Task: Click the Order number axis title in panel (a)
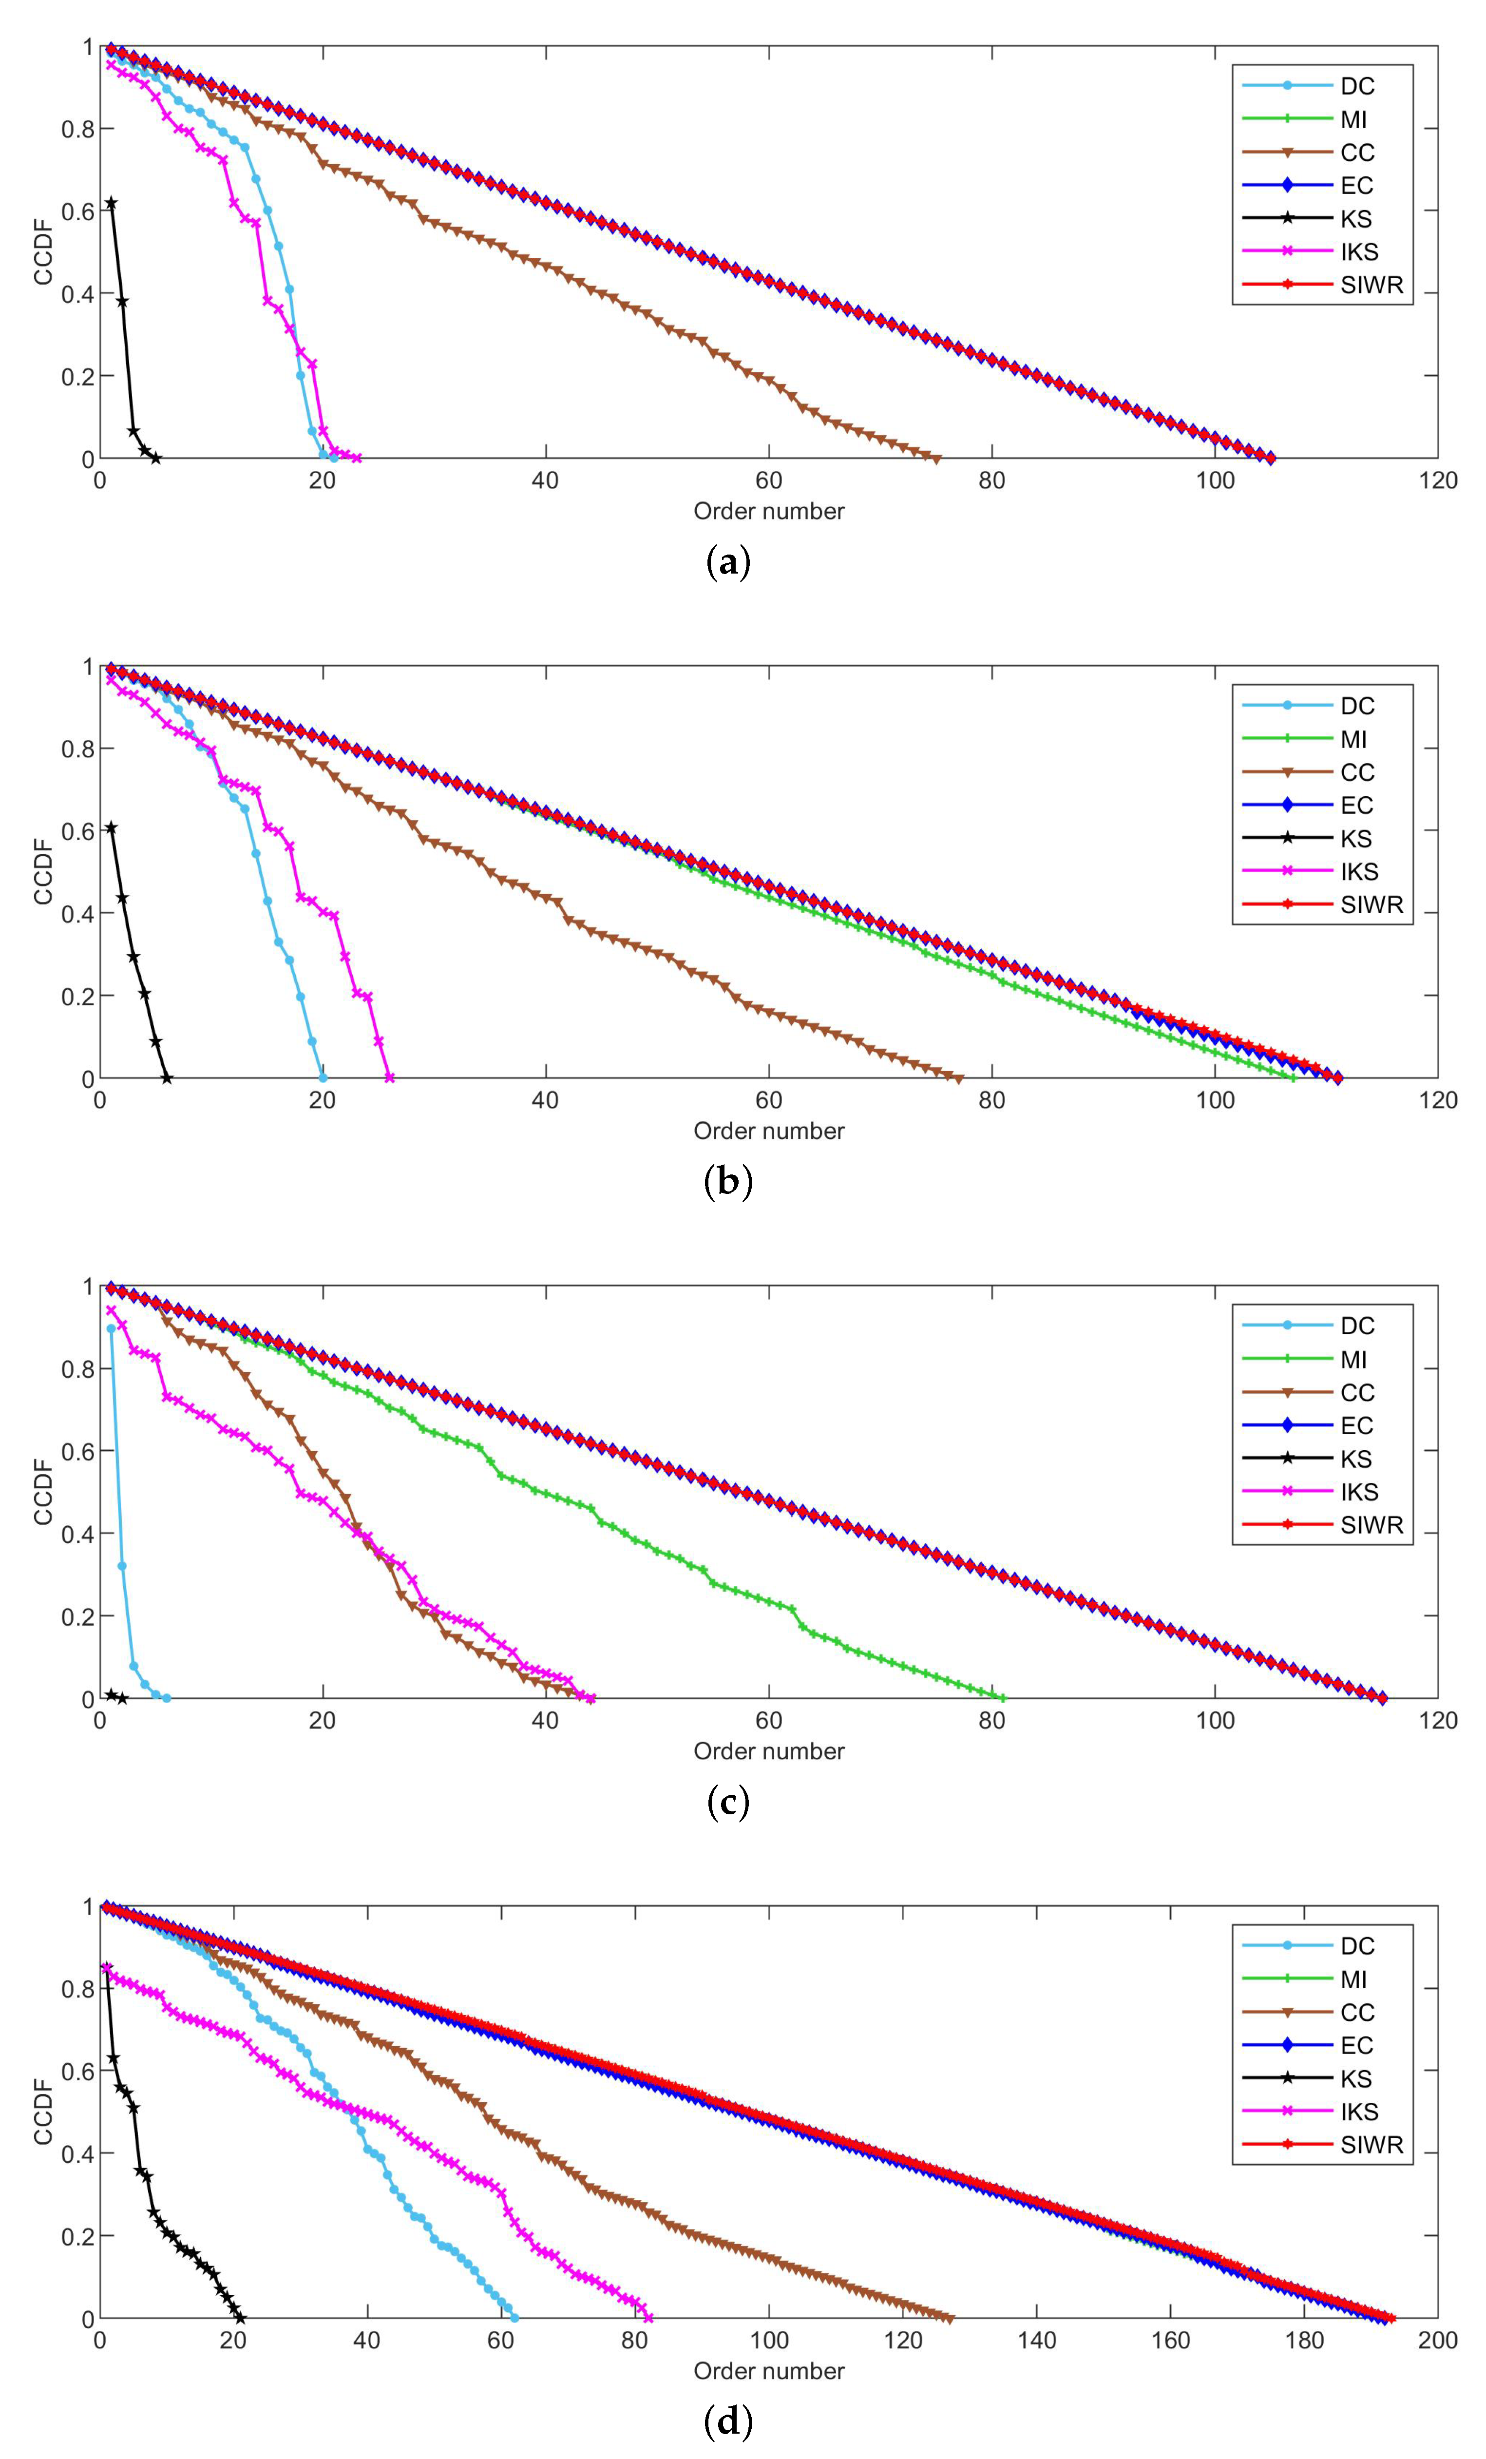click(x=768, y=512)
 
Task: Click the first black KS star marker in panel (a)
click(x=111, y=204)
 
